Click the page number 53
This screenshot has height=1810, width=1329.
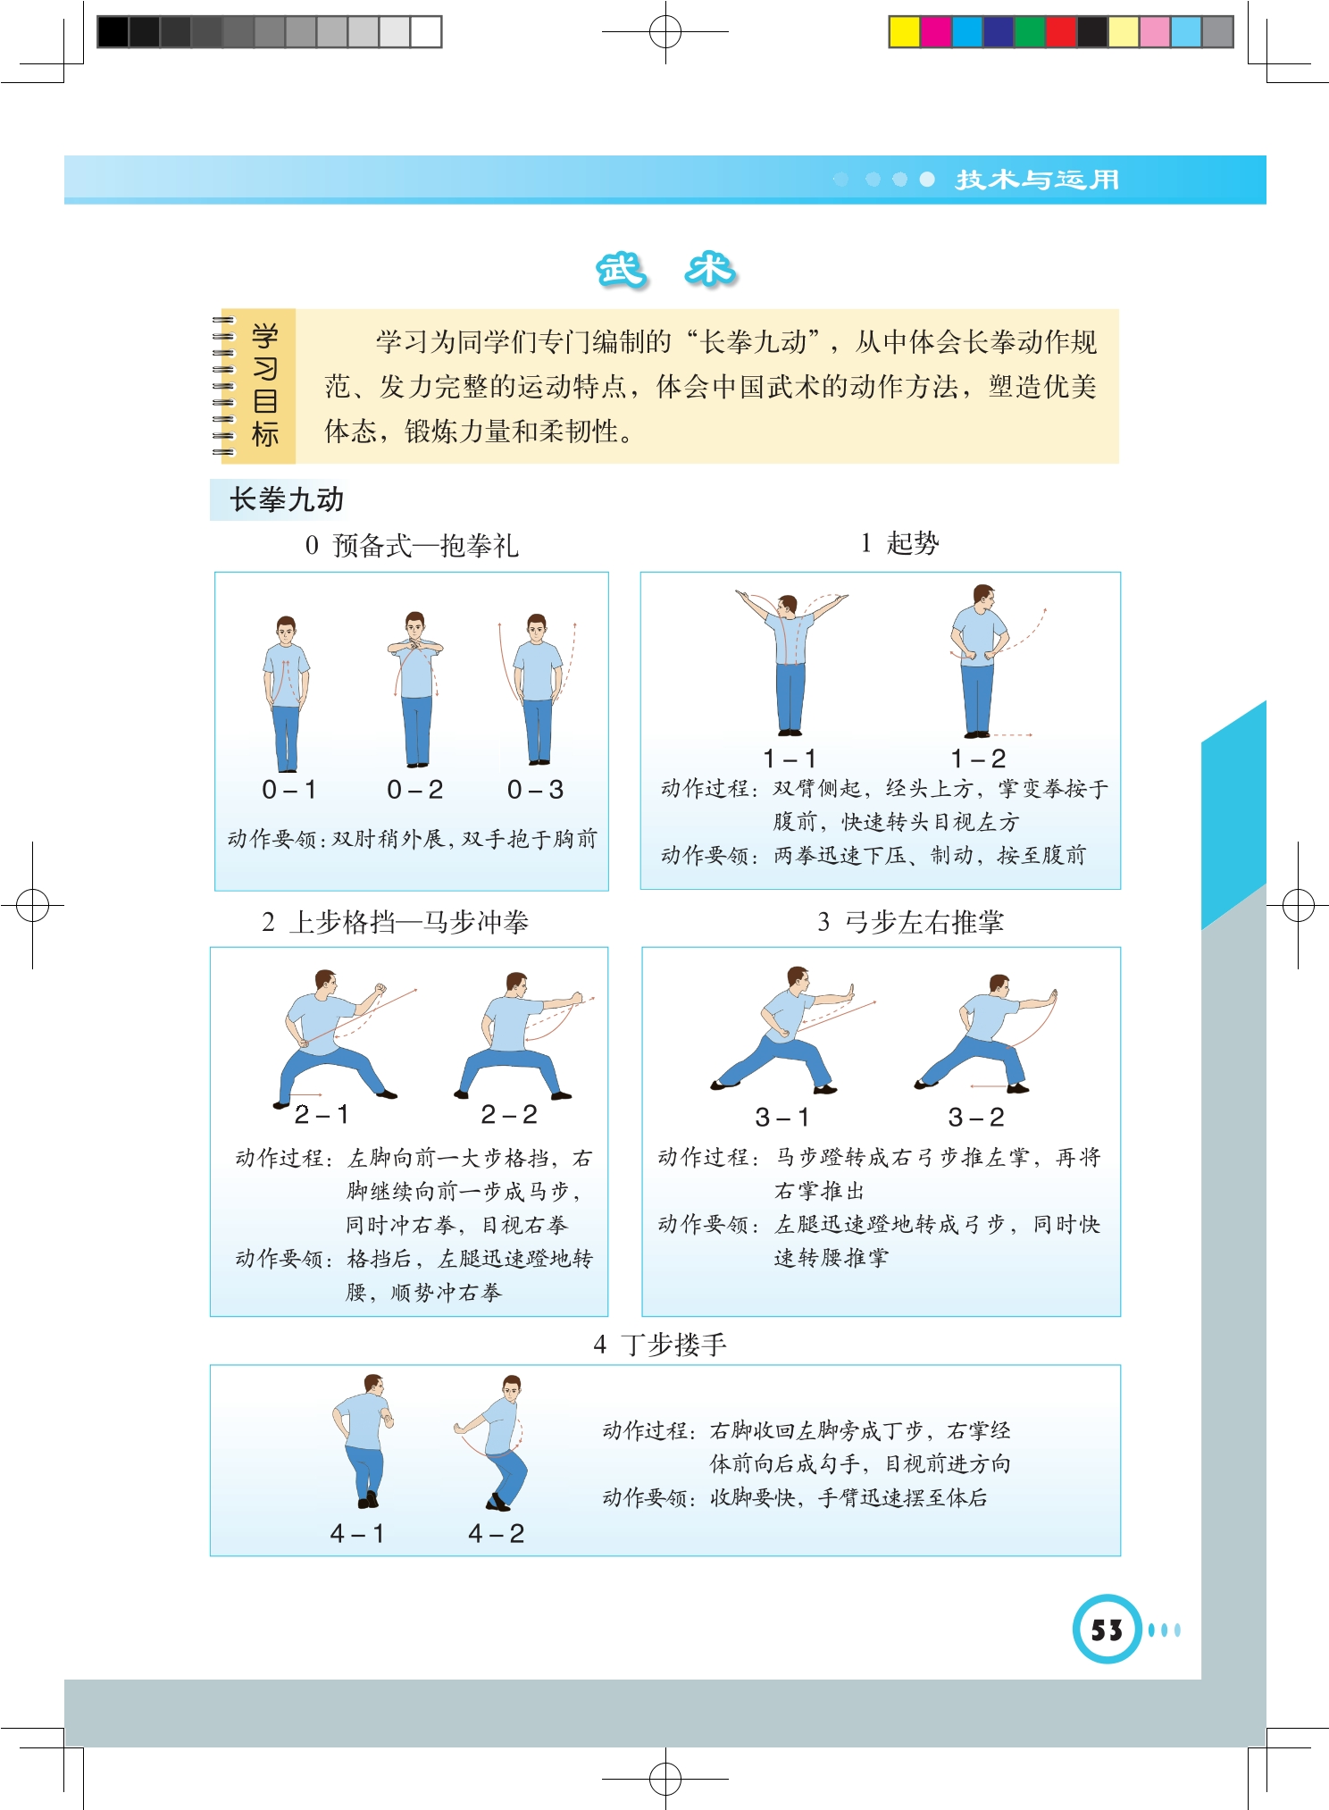1107,1630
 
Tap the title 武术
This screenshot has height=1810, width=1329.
666,270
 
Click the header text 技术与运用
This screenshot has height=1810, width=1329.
1037,180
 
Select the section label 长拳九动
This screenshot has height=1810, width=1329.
287,499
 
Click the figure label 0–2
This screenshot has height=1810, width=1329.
414,790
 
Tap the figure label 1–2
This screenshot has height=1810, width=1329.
978,759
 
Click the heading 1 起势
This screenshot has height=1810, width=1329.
899,543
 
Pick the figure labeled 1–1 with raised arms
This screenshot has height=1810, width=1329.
790,661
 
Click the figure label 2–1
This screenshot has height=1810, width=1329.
322,1115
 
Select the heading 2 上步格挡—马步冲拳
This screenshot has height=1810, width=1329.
395,922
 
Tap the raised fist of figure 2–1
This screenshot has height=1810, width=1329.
380,989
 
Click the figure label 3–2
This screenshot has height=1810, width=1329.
976,1118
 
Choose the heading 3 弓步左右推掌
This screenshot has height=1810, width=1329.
910,922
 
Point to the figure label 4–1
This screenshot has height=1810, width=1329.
357,1534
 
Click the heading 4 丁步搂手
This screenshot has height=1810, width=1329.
660,1345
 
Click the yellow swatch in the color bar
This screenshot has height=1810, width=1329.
904,32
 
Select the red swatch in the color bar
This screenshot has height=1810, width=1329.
1060,32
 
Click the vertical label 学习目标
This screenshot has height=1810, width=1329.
265,386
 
